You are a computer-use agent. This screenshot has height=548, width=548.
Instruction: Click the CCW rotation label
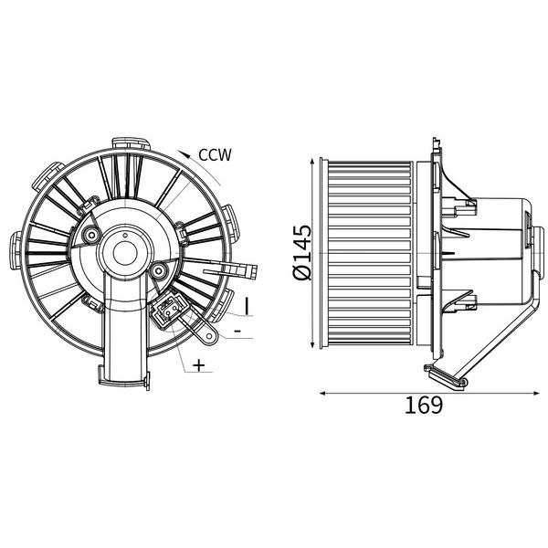[215, 155]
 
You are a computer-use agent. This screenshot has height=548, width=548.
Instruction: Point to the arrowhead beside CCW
[184, 153]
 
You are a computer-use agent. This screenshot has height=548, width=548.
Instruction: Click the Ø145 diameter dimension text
[302, 252]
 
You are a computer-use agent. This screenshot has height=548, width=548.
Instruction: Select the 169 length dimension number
[424, 405]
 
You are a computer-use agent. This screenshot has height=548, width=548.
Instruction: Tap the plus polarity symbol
[199, 365]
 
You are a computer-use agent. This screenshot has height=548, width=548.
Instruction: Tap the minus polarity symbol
[237, 331]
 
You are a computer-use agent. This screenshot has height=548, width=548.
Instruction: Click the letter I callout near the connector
[247, 306]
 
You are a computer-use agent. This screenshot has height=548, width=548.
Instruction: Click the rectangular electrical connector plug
[167, 311]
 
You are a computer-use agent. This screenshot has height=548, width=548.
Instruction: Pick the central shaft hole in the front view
[125, 253]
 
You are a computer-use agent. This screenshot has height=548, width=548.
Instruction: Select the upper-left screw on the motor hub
[92, 236]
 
